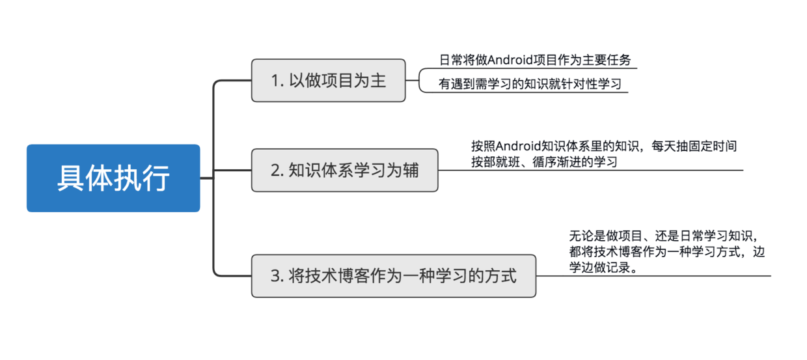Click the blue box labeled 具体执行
tap(113, 178)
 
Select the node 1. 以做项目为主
tap(328, 80)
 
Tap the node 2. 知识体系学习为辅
tap(344, 171)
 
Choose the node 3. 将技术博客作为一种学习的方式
tap(393, 276)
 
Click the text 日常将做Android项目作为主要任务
tap(535, 61)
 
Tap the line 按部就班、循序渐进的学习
tap(544, 161)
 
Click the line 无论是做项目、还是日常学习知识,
tap(662, 236)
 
